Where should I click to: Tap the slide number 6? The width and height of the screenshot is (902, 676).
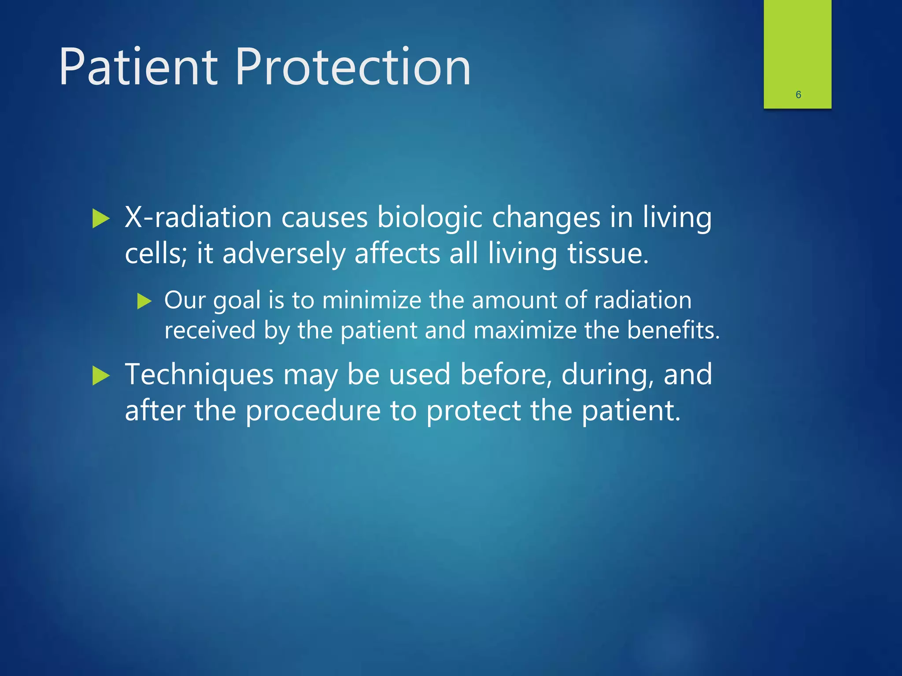click(x=798, y=95)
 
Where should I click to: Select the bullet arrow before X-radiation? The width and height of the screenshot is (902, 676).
click(x=101, y=219)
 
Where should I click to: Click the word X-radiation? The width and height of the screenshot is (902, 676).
click(x=198, y=217)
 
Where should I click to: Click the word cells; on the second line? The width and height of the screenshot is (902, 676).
click(x=156, y=254)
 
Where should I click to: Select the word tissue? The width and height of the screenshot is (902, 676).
click(x=608, y=254)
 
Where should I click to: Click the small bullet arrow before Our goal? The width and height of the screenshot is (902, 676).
click(x=144, y=301)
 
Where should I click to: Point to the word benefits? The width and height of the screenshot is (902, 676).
click(x=673, y=331)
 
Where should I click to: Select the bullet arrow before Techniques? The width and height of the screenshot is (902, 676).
click(x=101, y=376)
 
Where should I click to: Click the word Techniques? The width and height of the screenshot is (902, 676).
click(x=200, y=375)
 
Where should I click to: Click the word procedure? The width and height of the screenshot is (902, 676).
click(x=313, y=411)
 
